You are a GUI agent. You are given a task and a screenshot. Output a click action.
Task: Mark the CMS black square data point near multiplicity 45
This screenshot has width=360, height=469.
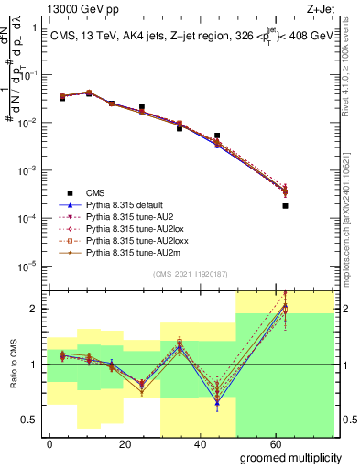tap(217, 136)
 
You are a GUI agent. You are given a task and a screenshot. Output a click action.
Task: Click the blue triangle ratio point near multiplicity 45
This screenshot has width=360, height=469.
tap(217, 402)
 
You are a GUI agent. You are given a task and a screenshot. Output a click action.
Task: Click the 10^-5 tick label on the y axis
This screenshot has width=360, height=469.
tap(27, 266)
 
